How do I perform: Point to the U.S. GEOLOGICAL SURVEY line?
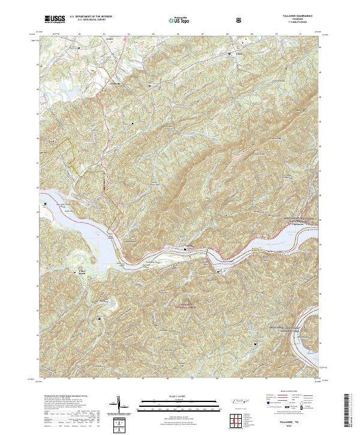87,21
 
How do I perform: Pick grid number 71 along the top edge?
300,34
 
